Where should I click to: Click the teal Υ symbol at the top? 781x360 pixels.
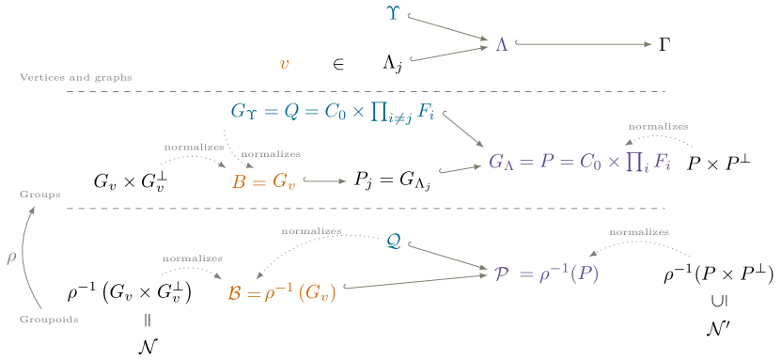[393, 12]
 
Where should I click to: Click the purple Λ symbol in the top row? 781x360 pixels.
[502, 44]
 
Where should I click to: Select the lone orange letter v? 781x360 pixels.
[284, 64]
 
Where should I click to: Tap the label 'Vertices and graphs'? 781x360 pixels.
[75, 77]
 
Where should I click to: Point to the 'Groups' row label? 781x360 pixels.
[39, 194]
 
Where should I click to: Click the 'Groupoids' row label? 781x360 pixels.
[48, 320]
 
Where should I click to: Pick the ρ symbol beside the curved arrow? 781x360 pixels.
[11, 257]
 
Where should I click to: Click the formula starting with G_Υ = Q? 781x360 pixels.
[332, 112]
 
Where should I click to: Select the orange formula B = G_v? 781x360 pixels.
[264, 181]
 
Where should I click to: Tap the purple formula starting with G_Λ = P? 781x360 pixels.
[580, 162]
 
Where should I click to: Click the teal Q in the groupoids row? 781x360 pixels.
[394, 242]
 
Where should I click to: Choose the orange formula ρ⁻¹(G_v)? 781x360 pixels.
[282, 293]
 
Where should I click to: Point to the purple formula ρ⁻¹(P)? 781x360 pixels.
[546, 274]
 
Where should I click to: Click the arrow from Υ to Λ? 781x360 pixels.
[448, 27]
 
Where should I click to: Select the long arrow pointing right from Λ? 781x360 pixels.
[583, 44]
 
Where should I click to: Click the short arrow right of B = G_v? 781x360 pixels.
[325, 180]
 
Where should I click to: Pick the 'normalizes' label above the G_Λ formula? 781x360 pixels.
[658, 126]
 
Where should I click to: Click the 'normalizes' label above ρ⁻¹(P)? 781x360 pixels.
[639, 231]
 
